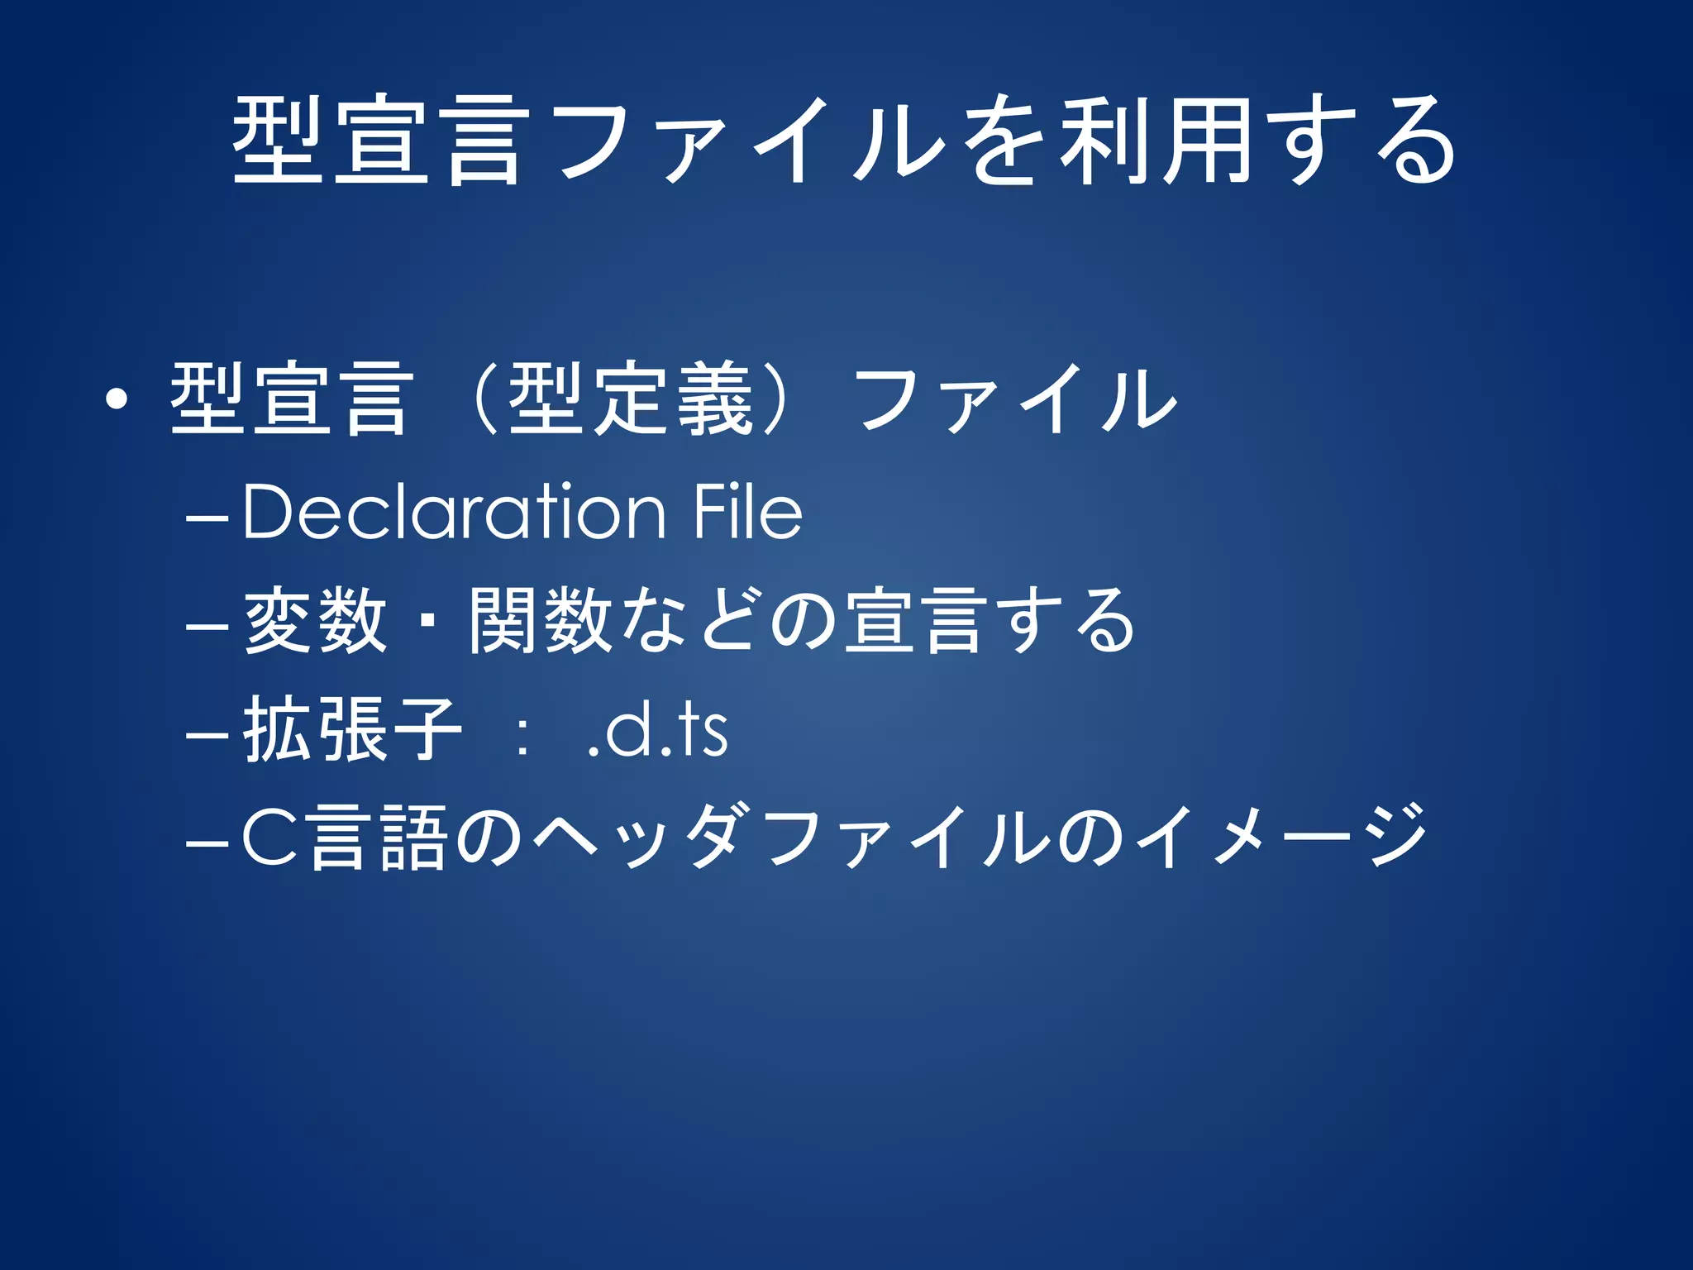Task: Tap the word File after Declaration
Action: [748, 513]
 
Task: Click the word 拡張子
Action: [351, 730]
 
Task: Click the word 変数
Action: [315, 621]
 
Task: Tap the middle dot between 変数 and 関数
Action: [427, 621]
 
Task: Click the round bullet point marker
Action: [117, 400]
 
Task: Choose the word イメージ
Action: [1281, 838]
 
